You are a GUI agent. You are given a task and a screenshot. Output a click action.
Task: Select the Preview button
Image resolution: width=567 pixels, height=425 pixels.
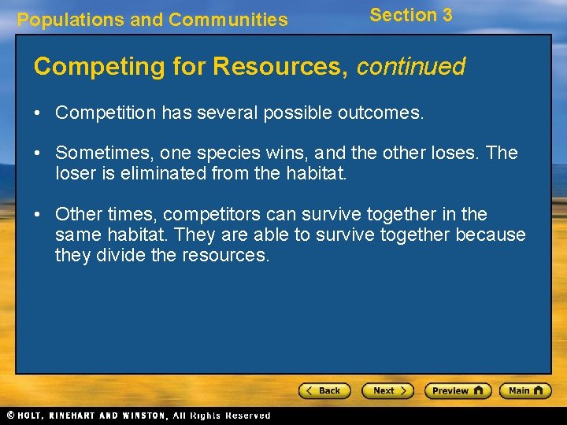coord(458,390)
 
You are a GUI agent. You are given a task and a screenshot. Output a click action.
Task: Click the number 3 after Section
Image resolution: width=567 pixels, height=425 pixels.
coord(447,15)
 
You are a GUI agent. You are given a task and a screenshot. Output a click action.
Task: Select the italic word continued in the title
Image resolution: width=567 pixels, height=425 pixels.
coord(410,66)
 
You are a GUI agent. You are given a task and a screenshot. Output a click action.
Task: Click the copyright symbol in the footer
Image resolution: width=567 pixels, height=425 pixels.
coord(9,415)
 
